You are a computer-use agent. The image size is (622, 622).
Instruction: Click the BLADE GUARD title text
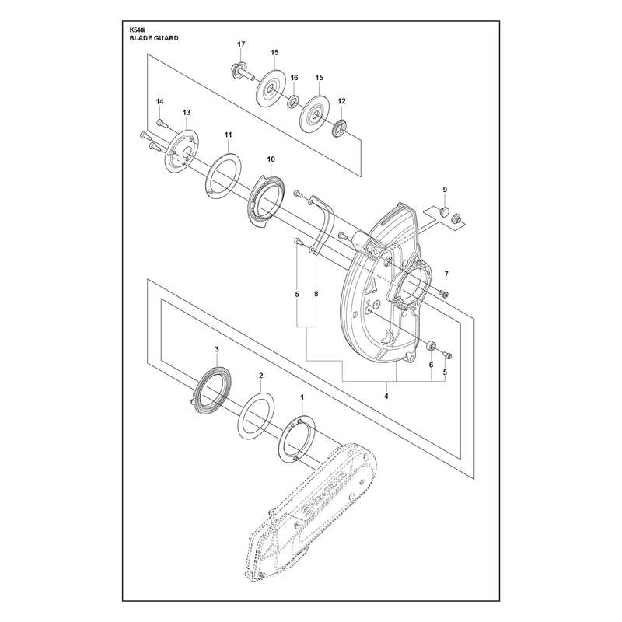pyautogui.click(x=154, y=38)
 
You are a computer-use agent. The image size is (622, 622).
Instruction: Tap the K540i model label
pyautogui.click(x=137, y=29)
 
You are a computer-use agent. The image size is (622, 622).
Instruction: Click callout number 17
pyautogui.click(x=241, y=44)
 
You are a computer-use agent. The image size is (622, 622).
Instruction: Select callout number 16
pyautogui.click(x=294, y=78)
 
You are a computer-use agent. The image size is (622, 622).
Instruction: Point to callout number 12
pyautogui.click(x=341, y=101)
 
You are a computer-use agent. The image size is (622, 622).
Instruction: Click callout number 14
pyautogui.click(x=159, y=102)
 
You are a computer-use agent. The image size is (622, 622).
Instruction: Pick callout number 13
pyautogui.click(x=187, y=113)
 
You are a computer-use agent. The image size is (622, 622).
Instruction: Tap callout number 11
pyautogui.click(x=228, y=135)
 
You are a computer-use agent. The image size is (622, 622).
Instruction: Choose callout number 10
pyautogui.click(x=271, y=159)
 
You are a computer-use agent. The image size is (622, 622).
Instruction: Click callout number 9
pyautogui.click(x=445, y=190)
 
